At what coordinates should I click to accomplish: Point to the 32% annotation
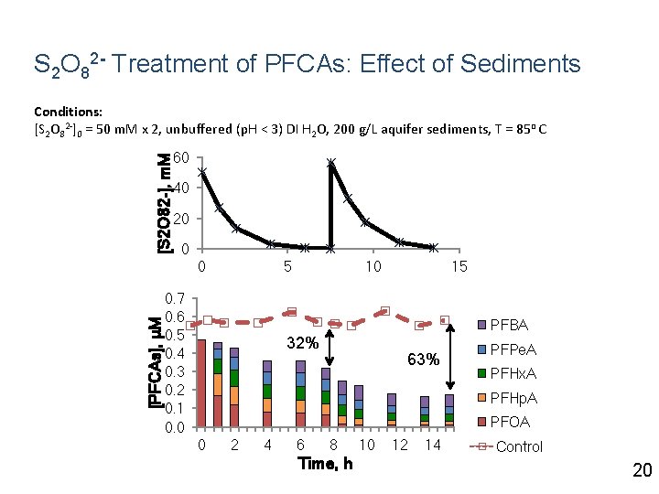point(302,344)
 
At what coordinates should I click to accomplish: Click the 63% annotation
point(422,360)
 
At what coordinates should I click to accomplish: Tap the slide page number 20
point(642,470)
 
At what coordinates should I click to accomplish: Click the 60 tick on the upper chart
point(181,158)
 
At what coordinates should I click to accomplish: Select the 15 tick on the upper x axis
point(459,267)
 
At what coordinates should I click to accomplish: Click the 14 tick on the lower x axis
point(433,446)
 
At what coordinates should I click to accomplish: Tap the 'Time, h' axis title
point(325,464)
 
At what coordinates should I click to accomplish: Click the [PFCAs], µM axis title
point(157,361)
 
